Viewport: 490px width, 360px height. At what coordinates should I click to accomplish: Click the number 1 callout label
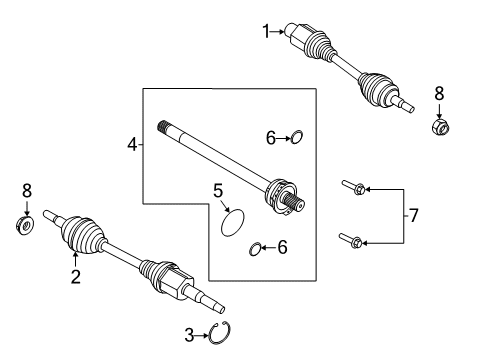point(266,32)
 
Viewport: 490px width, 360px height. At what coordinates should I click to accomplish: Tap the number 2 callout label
point(74,277)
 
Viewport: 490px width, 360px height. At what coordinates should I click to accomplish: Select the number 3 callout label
point(189,335)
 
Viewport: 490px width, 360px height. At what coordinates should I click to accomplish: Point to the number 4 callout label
point(132,146)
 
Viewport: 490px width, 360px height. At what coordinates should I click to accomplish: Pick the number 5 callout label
point(217,189)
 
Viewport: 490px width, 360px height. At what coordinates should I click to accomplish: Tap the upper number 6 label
point(269,136)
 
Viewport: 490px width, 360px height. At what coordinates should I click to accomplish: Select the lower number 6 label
point(282,247)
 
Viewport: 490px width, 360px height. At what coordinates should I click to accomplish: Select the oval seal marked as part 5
point(232,221)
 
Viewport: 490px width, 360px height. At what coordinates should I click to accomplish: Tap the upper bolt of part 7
point(354,187)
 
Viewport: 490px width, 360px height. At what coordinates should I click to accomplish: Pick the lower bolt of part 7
point(354,239)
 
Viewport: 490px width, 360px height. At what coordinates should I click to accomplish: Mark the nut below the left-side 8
point(27,223)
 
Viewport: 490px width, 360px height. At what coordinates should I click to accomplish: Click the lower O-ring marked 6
point(256,248)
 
